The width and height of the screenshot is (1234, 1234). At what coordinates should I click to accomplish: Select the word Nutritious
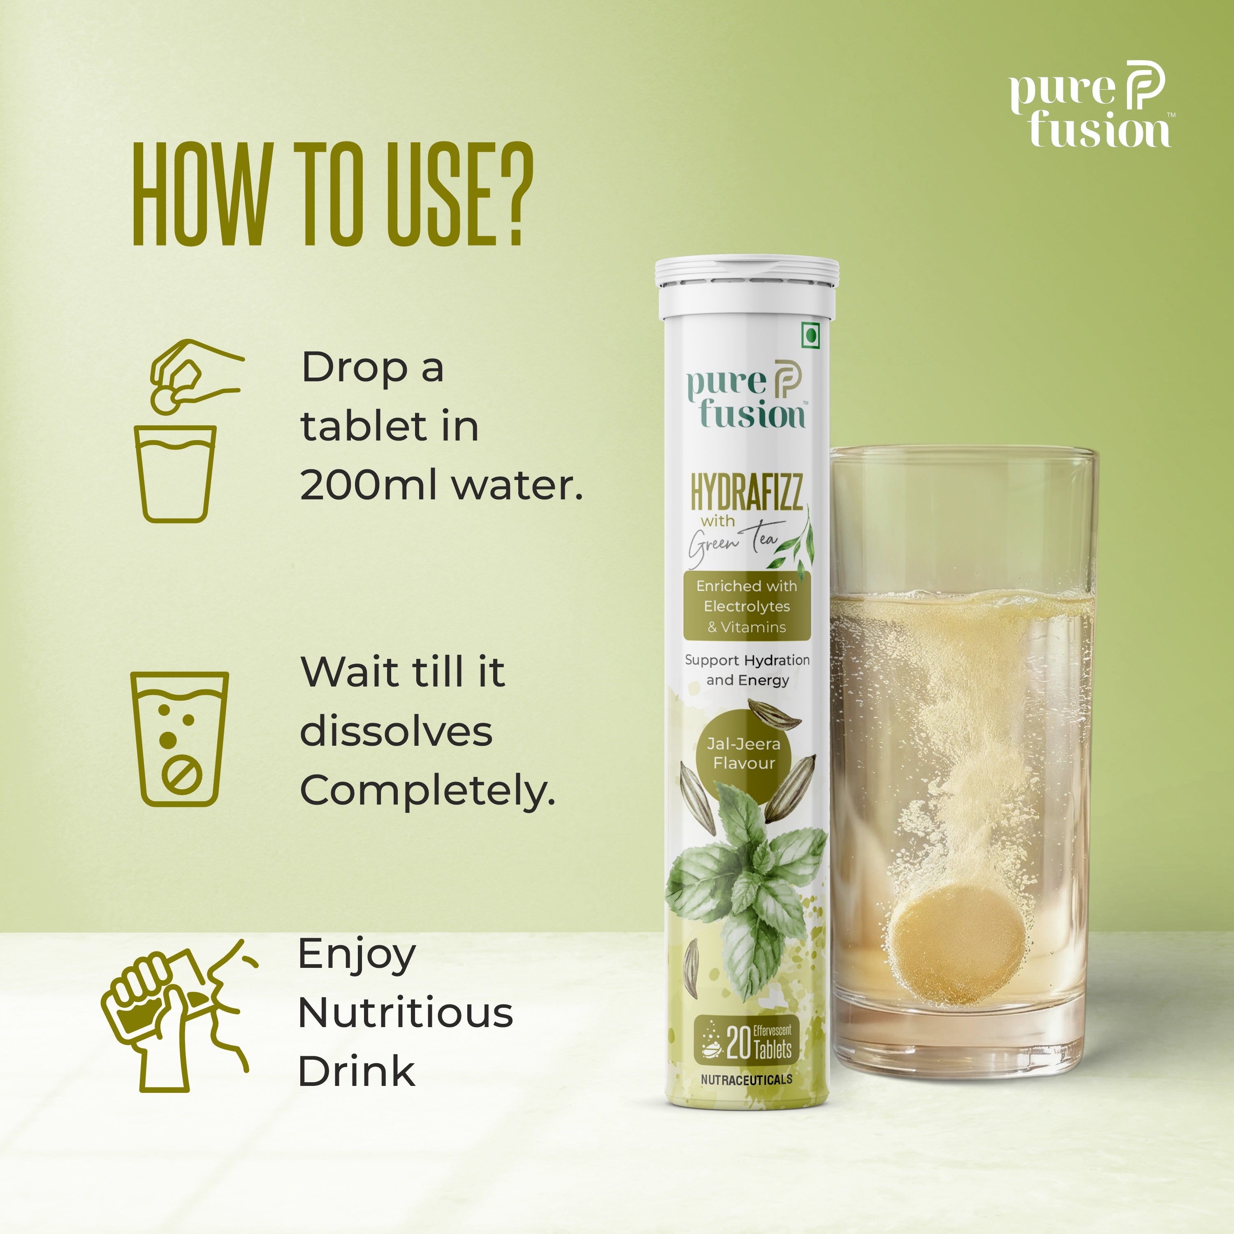click(406, 1013)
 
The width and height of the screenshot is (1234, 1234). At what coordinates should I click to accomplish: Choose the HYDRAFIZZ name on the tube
click(747, 492)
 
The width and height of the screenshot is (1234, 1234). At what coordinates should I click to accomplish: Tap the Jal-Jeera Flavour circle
click(744, 754)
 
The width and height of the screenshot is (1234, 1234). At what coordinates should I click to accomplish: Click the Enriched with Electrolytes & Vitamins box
click(747, 606)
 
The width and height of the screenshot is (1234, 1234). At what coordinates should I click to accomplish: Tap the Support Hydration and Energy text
click(747, 670)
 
